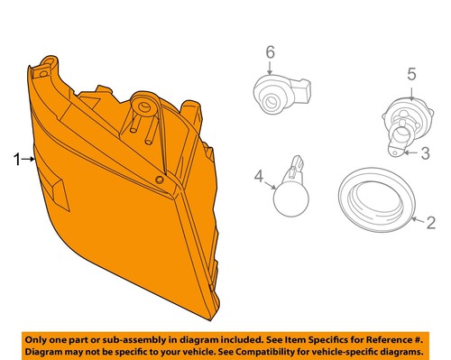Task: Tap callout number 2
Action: tap(431, 221)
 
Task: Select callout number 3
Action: tap(427, 153)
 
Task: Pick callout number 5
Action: tap(411, 74)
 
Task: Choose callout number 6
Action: tap(269, 54)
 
